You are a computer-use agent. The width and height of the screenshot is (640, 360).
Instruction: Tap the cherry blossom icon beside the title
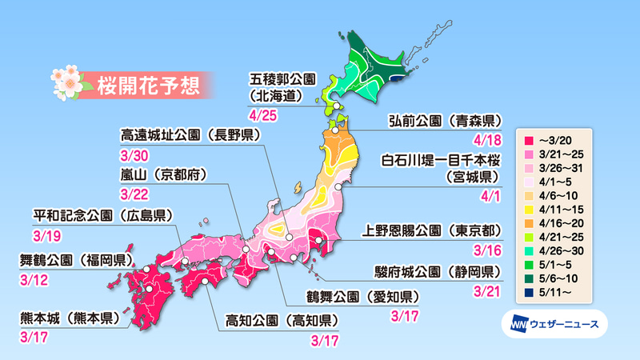(x=67, y=81)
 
